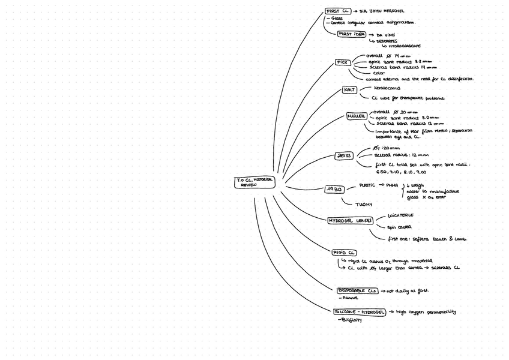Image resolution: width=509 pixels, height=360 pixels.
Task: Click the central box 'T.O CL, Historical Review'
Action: [254, 182]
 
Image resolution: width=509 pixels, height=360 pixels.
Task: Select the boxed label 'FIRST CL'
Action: [337, 11]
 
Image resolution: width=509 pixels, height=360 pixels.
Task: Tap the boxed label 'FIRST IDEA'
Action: [352, 34]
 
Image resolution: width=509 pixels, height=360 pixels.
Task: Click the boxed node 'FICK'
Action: [342, 62]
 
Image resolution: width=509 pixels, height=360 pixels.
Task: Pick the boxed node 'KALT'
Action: [349, 90]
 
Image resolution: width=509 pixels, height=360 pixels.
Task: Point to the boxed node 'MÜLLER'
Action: [356, 116]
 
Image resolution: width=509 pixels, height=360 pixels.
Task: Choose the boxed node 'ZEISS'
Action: [344, 156]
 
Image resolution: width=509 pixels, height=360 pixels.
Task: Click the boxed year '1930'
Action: [334, 190]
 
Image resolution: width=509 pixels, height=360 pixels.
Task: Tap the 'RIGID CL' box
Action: [345, 253]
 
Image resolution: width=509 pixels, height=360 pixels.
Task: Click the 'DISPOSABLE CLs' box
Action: [357, 291]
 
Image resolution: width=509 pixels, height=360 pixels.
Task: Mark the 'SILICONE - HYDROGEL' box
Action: [360, 312]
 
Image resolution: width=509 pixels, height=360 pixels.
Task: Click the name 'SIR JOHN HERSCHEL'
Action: [382, 11]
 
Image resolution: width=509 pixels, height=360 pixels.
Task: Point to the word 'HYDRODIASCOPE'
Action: [404, 46]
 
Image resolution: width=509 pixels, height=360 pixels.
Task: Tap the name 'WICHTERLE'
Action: [400, 215]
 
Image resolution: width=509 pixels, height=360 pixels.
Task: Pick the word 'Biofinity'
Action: [350, 320]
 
